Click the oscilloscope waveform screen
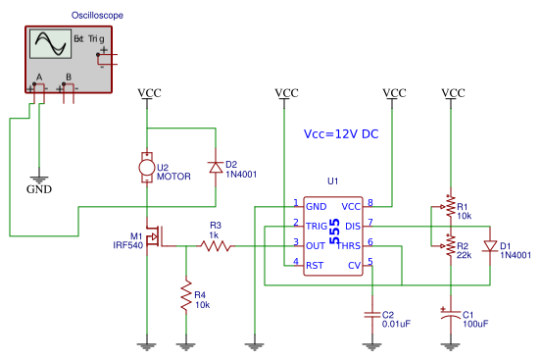click(49, 45)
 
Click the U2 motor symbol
click(147, 168)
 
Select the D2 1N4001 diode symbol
click(215, 168)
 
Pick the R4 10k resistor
click(185, 296)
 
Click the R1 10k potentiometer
click(449, 207)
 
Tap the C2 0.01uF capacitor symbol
click(371, 315)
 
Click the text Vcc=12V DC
click(340, 134)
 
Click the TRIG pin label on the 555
click(318, 226)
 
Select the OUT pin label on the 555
click(316, 245)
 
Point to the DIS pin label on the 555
click(353, 226)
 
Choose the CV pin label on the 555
click(355, 265)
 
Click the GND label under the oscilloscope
click(39, 188)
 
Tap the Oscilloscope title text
click(97, 16)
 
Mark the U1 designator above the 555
click(332, 181)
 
